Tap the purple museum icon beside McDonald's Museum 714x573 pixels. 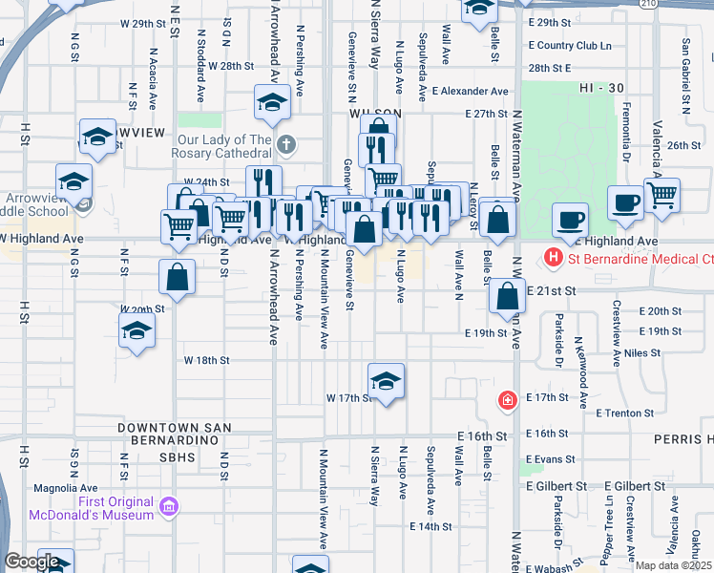click(x=169, y=504)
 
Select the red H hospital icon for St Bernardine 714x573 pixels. click(x=551, y=258)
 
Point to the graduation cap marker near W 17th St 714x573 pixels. click(x=386, y=381)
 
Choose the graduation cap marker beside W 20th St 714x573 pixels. click(x=136, y=331)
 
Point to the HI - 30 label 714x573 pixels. click(x=600, y=88)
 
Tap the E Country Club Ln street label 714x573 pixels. click(x=569, y=45)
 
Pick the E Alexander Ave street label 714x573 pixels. click(x=470, y=91)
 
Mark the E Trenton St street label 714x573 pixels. click(x=624, y=414)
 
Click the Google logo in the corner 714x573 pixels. click(x=31, y=562)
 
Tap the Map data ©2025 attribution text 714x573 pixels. click(x=673, y=565)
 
